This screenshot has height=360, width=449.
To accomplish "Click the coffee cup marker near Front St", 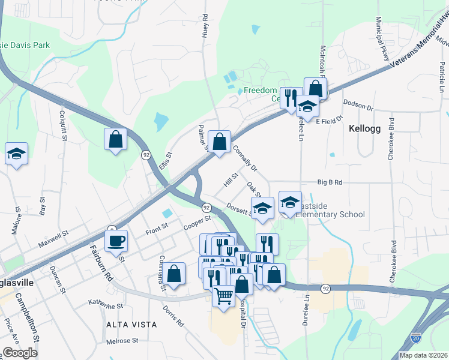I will [x=116, y=241].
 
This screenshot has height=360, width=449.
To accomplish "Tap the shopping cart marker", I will [x=223, y=295].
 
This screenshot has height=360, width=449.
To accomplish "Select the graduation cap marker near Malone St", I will [x=17, y=154].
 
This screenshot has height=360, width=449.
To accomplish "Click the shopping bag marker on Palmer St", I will [x=220, y=142].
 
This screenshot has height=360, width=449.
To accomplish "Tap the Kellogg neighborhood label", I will [x=364, y=128].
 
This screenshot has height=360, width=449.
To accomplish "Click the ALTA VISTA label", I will [x=131, y=325].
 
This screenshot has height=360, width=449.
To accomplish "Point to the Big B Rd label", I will [x=330, y=182].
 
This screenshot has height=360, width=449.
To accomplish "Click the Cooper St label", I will [x=198, y=223].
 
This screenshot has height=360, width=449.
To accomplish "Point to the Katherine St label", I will [x=106, y=305].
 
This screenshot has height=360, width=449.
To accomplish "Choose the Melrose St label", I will [x=122, y=341].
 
